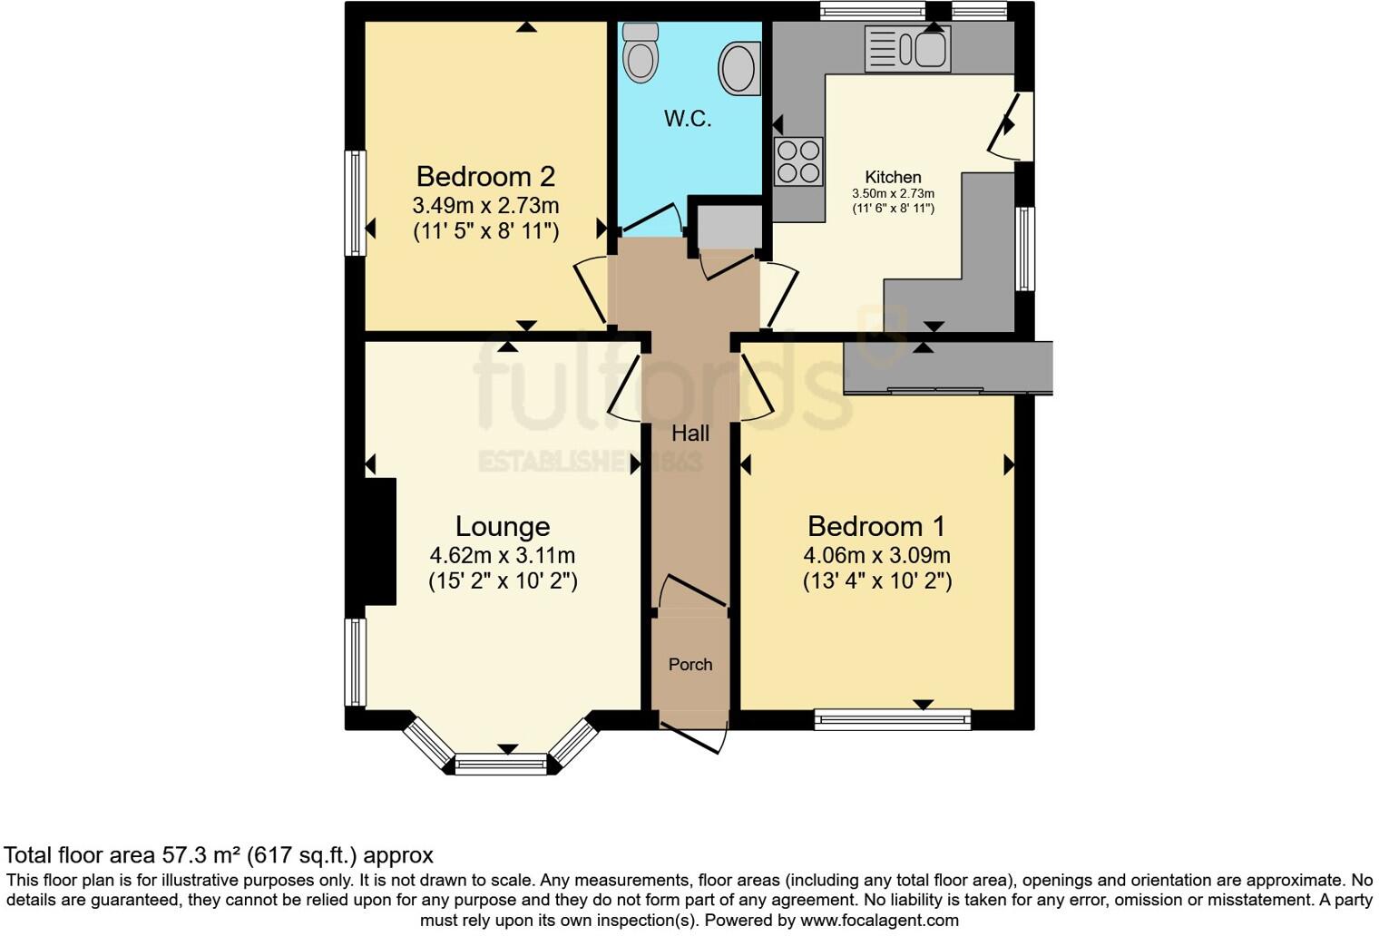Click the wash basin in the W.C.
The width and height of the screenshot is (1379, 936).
pyautogui.click(x=739, y=68)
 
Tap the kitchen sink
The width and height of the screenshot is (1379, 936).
pyautogui.click(x=907, y=48)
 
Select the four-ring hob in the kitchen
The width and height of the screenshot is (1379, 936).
pyautogui.click(x=798, y=161)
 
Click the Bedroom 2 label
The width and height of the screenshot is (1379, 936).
pyautogui.click(x=485, y=176)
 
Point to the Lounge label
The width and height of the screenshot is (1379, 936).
pyautogui.click(x=503, y=526)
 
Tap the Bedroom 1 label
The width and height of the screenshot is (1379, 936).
pyautogui.click(x=876, y=526)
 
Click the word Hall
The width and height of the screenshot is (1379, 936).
pyautogui.click(x=690, y=434)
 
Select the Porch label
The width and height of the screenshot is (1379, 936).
pyautogui.click(x=690, y=665)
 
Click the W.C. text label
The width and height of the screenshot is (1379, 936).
pyautogui.click(x=688, y=119)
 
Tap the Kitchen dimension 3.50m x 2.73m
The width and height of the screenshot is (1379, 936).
pyautogui.click(x=893, y=193)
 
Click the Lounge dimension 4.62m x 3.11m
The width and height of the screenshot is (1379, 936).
pyautogui.click(x=503, y=555)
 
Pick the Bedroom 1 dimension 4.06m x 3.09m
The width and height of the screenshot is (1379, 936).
pyautogui.click(x=876, y=555)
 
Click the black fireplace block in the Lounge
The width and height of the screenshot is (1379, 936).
pyautogui.click(x=379, y=541)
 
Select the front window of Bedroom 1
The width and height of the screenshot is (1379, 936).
pyautogui.click(x=893, y=720)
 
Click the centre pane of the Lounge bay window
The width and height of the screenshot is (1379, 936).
pyautogui.click(x=502, y=765)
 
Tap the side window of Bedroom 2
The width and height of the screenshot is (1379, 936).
pyautogui.click(x=356, y=203)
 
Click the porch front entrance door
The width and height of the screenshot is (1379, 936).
pyautogui.click(x=693, y=736)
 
